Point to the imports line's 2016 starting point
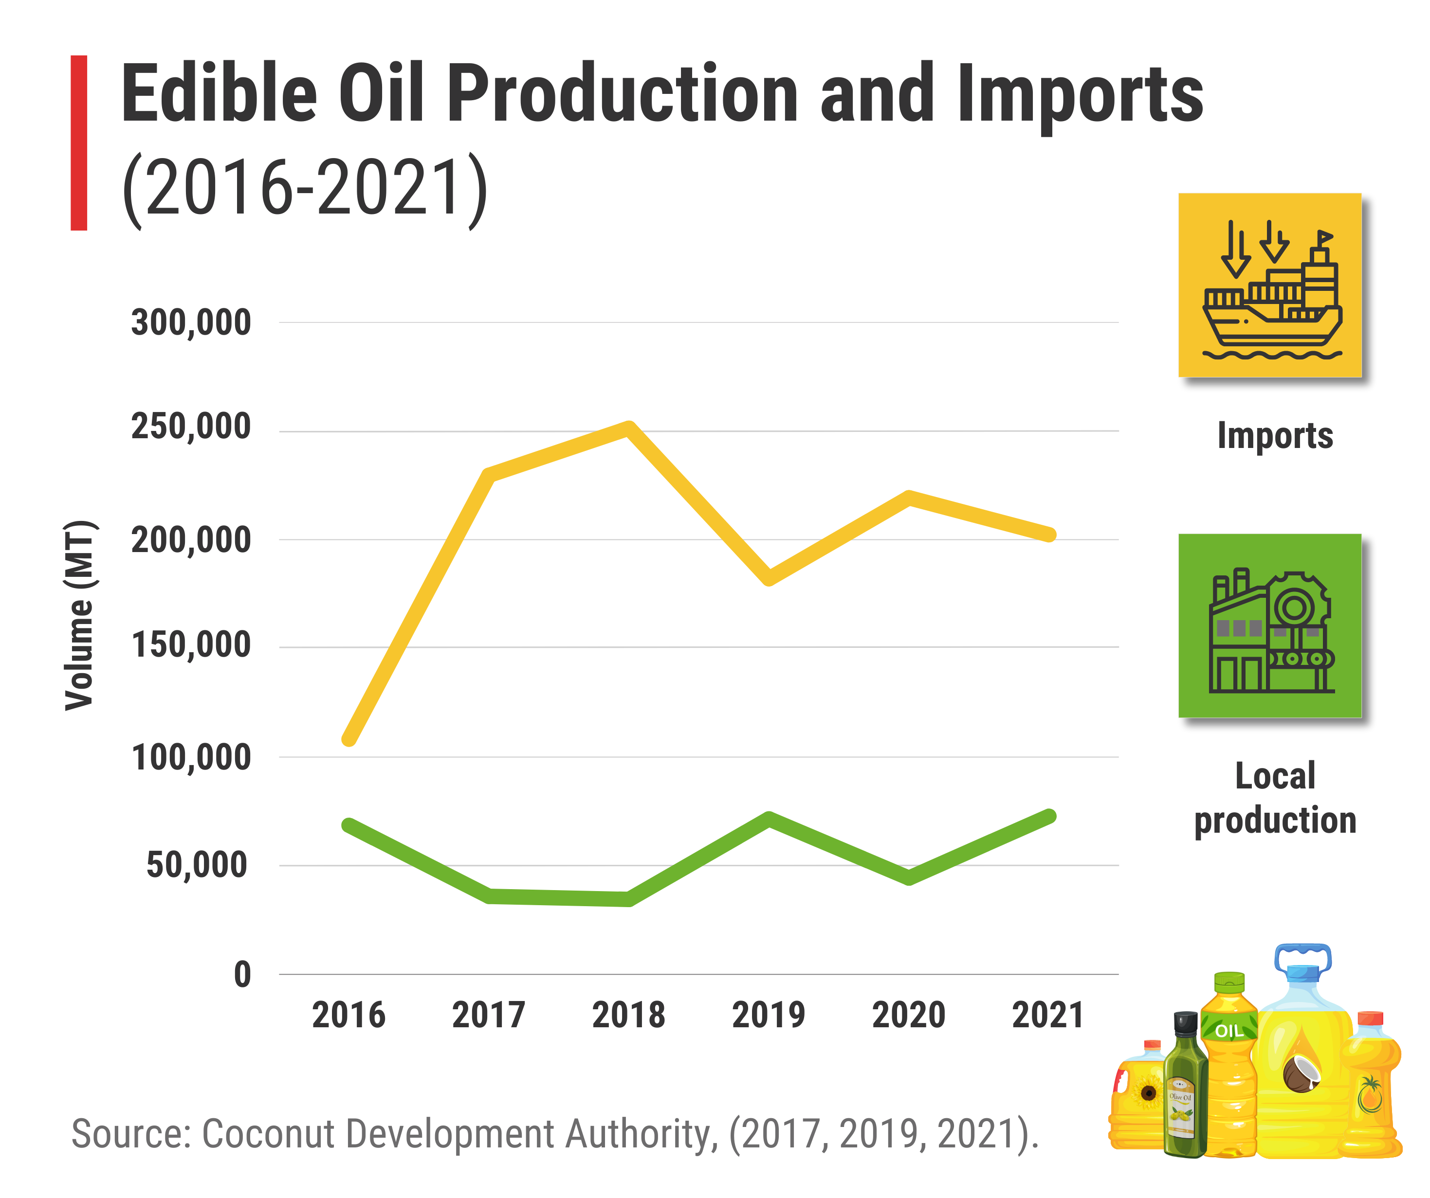pos(348,739)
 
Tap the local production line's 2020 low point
pos(909,878)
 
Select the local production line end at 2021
pos(1049,816)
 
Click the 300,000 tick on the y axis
pos(191,322)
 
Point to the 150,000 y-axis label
pos(191,645)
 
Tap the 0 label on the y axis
pos(242,975)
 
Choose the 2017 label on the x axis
pos(488,1016)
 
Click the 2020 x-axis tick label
pos(908,1016)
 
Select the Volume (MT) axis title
pos(80,616)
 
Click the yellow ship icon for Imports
pos(1270,285)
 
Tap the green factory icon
pos(1270,626)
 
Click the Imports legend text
pos(1275,436)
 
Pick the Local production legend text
pos(1275,798)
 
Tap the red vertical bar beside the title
pos(79,143)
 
